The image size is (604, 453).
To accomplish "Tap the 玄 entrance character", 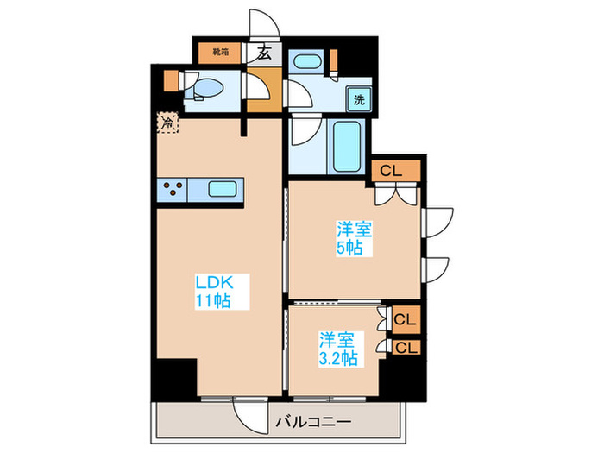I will (264, 53).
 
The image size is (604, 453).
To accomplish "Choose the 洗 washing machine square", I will (359, 98).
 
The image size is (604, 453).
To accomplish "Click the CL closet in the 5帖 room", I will (391, 170).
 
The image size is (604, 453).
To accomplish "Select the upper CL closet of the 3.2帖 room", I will (405, 319).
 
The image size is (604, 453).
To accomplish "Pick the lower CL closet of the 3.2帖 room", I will (405, 347).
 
